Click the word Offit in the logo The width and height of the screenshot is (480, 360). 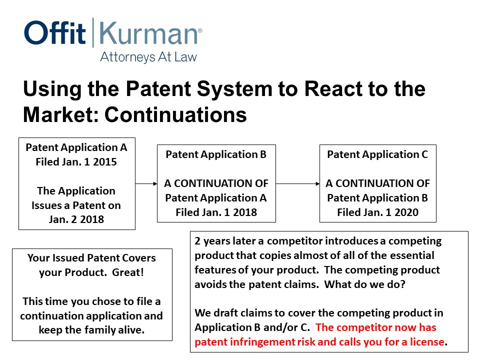point(55,32)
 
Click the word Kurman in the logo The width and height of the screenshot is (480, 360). point(148,33)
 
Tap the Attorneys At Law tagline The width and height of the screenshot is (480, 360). point(148,57)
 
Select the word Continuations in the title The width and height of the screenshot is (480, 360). point(175,115)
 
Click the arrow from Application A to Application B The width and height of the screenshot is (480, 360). point(146,183)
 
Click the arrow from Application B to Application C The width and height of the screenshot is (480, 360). point(297,183)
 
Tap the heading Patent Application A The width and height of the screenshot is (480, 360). point(76,147)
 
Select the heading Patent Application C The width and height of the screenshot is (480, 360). point(377,154)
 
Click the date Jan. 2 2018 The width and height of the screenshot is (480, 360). point(76,219)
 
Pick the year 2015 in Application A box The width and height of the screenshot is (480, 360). point(104,161)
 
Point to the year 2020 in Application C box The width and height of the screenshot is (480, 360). point(406,212)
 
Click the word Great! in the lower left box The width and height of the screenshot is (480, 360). point(128,272)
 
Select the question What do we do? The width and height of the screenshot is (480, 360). point(364,284)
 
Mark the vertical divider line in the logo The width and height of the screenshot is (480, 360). point(93,32)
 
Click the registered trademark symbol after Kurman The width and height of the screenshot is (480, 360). point(200,30)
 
